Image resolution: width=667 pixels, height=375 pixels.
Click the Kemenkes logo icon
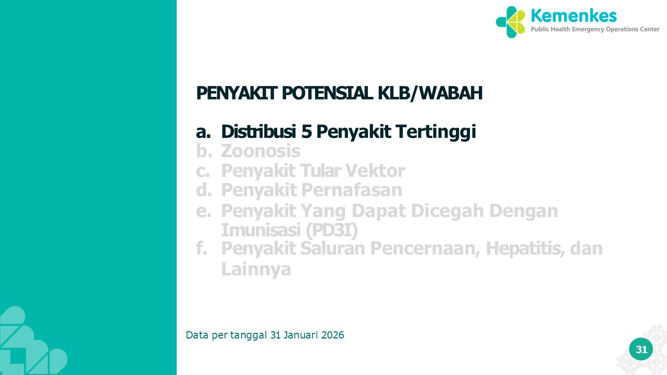511,22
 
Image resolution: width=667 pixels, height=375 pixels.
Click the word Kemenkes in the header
574,16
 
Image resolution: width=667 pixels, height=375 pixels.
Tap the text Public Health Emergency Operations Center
595,29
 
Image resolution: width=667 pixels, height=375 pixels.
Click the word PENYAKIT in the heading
237,93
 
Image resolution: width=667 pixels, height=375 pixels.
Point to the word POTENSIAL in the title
327,93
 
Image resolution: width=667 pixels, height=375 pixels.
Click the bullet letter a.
203,132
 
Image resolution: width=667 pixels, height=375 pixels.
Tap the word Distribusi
258,131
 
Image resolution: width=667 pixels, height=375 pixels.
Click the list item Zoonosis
261,151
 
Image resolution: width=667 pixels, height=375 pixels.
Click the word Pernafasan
352,190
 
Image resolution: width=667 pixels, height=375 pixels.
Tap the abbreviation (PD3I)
332,231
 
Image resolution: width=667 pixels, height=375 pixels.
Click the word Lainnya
256,270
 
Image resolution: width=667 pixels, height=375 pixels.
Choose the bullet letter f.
202,248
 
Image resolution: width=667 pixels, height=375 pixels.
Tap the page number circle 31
641,349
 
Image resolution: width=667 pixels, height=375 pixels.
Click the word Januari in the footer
301,335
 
